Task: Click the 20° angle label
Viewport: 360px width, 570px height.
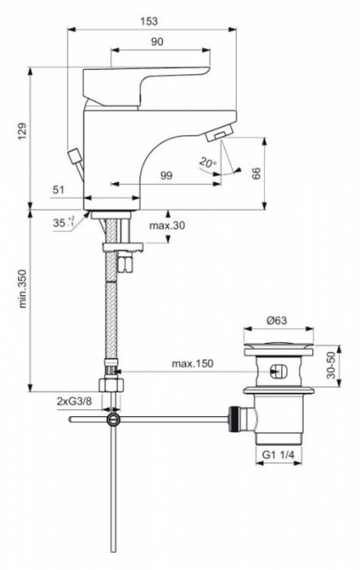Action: [x=209, y=163]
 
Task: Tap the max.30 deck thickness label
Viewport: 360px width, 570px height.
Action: [x=167, y=225]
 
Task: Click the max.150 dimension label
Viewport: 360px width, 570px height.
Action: [x=192, y=364]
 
